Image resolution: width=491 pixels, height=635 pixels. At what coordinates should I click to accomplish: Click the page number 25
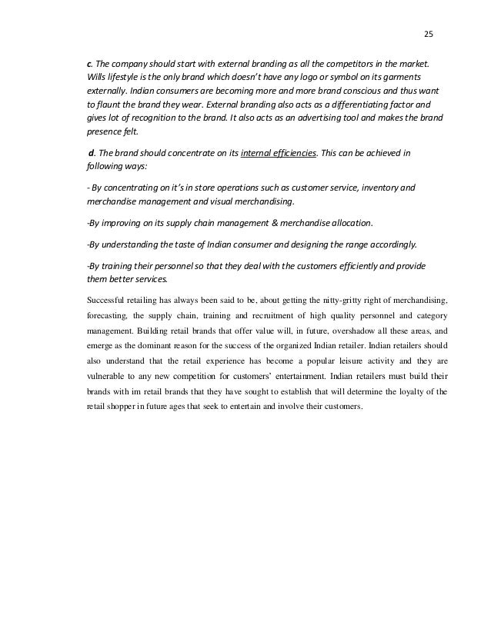coord(429,34)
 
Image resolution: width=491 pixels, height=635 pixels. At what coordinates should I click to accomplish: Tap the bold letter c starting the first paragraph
coord(89,62)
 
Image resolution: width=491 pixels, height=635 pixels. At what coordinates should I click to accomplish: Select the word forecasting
coord(107,313)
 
